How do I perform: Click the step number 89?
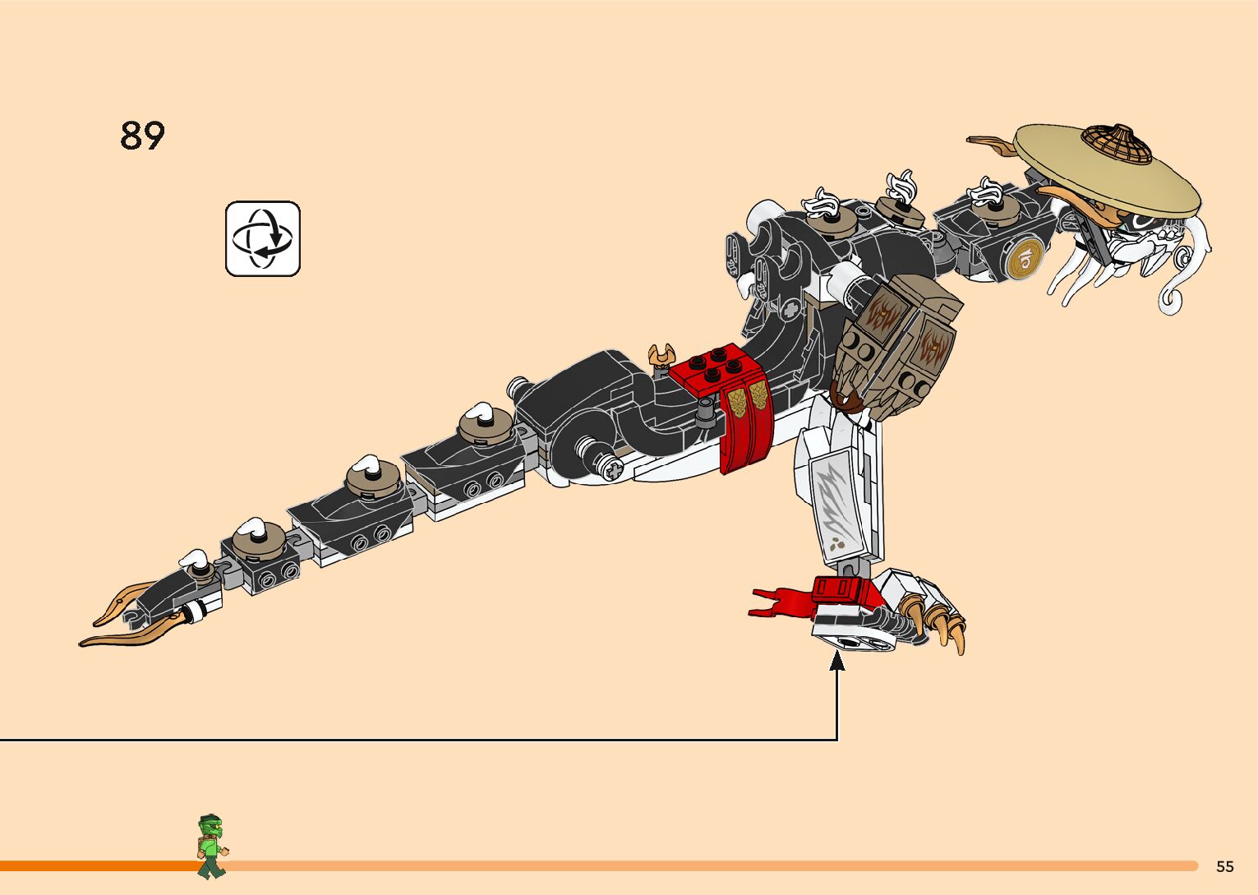[x=142, y=136]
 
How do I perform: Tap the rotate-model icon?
[x=263, y=238]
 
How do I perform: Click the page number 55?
[x=1224, y=866]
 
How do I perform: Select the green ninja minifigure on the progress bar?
[x=211, y=847]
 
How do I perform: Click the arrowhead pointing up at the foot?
[x=836, y=661]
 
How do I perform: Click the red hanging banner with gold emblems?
[x=746, y=423]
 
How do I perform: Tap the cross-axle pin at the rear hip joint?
[x=612, y=469]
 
